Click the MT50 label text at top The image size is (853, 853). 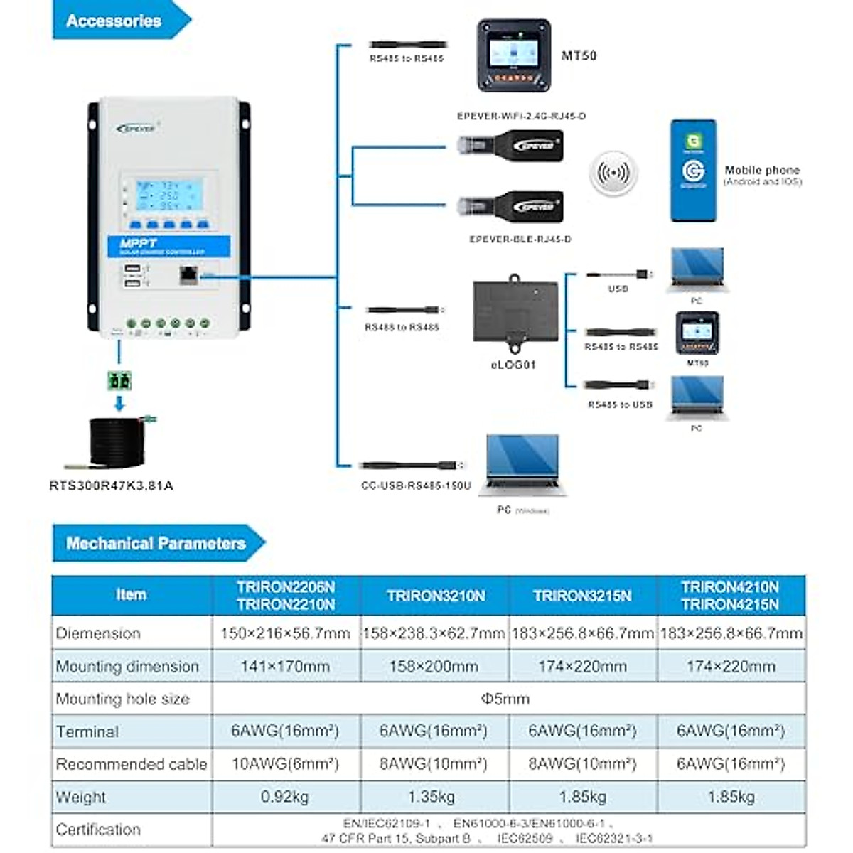579,55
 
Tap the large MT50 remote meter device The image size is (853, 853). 513,55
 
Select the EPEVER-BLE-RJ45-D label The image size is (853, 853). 520,240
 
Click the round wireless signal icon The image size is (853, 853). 613,173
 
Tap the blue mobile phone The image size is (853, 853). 693,171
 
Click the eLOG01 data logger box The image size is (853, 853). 515,313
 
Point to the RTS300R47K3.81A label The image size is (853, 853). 111,486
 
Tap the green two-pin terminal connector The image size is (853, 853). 119,380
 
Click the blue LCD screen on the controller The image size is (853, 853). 169,195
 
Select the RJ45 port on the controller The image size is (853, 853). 188,274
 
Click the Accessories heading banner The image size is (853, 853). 114,21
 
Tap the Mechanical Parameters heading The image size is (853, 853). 156,544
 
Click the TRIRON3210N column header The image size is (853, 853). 435,596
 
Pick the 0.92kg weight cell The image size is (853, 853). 285,797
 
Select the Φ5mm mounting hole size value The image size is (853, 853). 505,699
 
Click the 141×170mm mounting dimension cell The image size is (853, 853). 285,667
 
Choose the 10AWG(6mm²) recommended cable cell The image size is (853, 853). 285,764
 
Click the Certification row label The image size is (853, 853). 98,830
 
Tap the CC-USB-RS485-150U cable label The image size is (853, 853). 416,486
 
